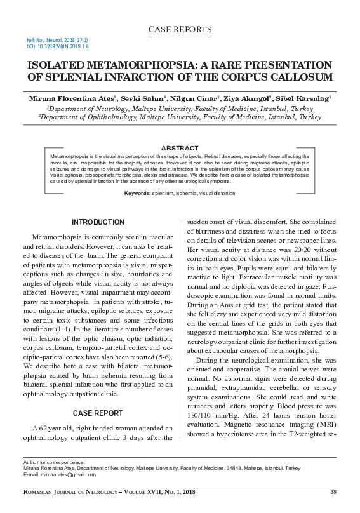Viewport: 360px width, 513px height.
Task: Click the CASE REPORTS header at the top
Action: point(179,30)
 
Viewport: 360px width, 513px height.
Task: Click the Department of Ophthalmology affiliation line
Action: point(180,117)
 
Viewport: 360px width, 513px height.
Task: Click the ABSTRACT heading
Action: point(180,148)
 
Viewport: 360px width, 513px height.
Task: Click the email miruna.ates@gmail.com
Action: point(63,474)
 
